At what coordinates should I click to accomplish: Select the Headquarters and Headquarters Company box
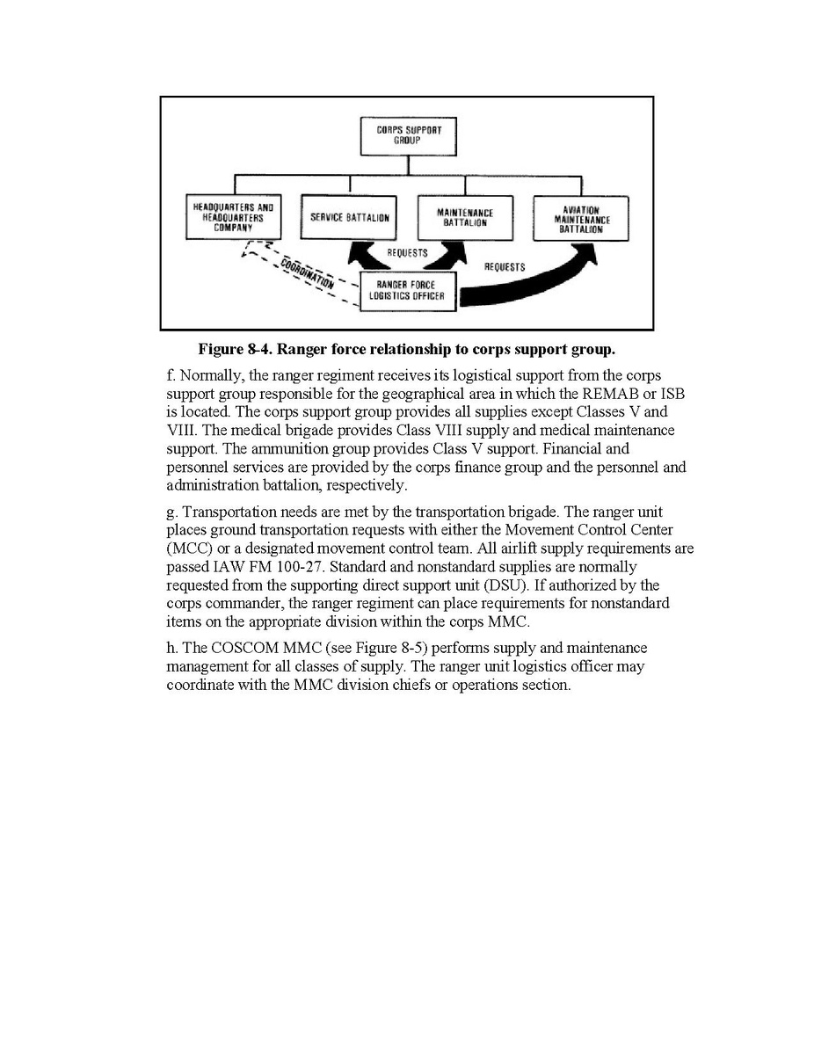pyautogui.click(x=234, y=216)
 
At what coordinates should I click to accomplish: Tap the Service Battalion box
pyautogui.click(x=350, y=217)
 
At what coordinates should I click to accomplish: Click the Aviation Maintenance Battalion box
pyautogui.click(x=580, y=217)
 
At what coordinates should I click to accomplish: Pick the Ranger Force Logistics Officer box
pyautogui.click(x=410, y=290)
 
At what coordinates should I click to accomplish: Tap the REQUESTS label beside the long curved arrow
pyautogui.click(x=505, y=266)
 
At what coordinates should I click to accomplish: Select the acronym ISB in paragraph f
pyautogui.click(x=672, y=393)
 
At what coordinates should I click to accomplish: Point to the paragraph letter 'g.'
pyautogui.click(x=172, y=511)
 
